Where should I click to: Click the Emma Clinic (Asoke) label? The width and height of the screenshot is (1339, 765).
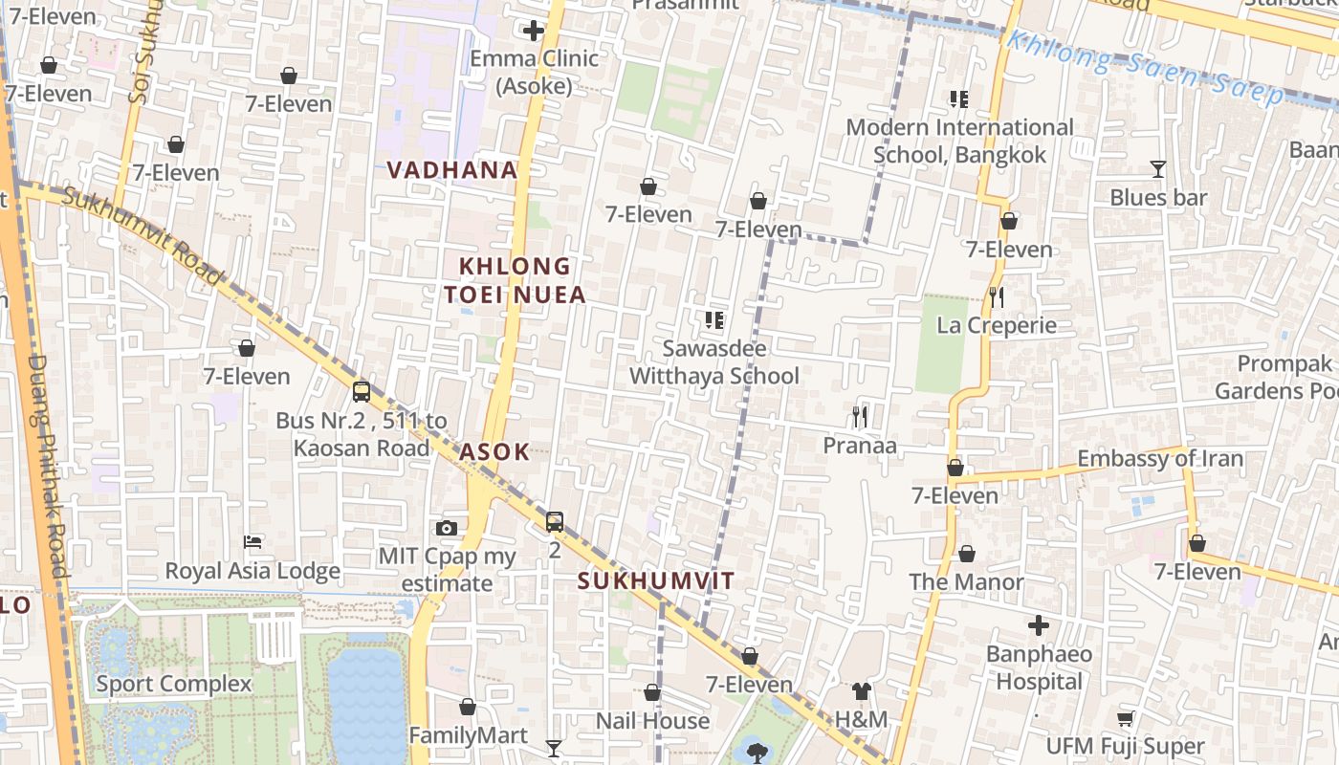[534, 73]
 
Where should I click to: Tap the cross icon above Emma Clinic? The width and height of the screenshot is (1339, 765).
[534, 31]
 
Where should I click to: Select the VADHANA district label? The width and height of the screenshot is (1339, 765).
[452, 170]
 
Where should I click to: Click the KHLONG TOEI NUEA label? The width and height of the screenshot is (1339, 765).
[516, 280]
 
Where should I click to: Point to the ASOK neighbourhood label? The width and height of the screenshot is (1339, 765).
[494, 452]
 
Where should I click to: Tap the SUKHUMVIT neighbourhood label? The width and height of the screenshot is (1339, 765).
[656, 581]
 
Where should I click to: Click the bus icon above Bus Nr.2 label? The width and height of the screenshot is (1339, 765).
[362, 391]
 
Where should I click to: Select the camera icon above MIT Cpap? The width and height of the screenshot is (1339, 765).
[446, 528]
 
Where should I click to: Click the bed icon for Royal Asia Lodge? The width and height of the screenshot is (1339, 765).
[253, 542]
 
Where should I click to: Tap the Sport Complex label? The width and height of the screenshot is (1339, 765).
[174, 684]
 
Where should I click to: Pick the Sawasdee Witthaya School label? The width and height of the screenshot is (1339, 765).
[713, 362]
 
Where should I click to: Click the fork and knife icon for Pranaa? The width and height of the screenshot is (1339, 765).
[860, 416]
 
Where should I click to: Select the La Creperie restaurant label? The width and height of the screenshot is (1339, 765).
[997, 325]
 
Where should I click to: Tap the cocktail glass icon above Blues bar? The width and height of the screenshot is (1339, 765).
[1158, 169]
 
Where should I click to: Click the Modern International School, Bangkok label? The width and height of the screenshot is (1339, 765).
[959, 141]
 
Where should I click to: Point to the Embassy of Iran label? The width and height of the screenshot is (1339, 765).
[1160, 459]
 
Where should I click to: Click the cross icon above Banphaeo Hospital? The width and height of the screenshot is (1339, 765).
[1039, 626]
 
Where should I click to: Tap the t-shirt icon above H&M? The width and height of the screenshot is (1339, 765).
[862, 690]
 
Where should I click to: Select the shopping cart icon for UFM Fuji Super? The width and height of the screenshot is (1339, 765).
[1126, 717]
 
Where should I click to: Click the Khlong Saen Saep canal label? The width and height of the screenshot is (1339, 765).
[1145, 67]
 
